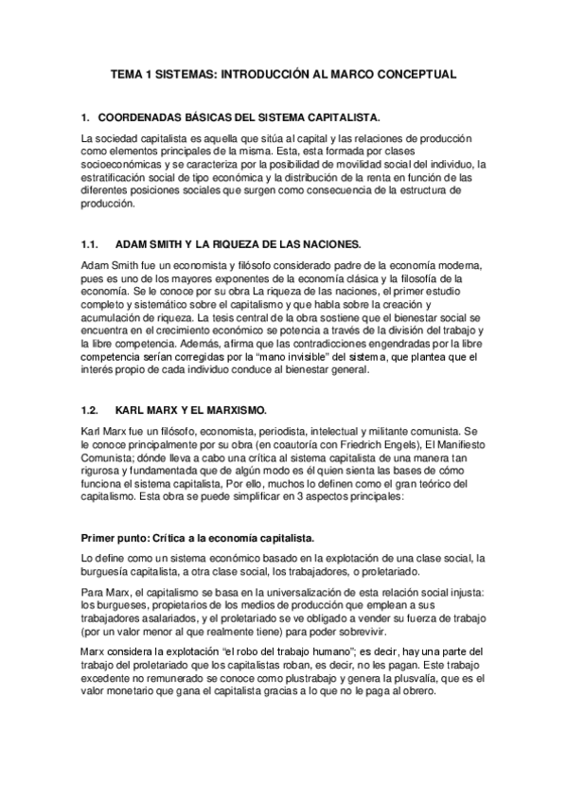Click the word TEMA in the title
[126, 73]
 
